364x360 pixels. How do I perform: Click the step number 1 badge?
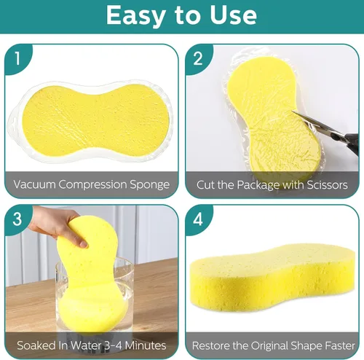tap(17, 58)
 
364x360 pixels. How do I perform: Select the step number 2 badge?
tap(198, 58)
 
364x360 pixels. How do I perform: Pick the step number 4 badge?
tap(198, 219)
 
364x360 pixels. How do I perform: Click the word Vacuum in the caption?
tap(34, 184)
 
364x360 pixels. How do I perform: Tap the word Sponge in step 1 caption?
tap(150, 185)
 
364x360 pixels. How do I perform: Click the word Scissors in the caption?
tap(327, 185)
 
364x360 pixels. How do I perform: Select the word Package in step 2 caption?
tap(258, 186)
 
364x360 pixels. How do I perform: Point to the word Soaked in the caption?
tap(36, 345)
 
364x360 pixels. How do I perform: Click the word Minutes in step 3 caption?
tap(146, 345)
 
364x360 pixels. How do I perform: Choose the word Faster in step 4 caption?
tap(340, 345)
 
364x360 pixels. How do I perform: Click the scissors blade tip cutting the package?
tap(293, 111)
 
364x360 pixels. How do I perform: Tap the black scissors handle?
tap(351, 144)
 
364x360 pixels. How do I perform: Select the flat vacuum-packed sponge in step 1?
tap(95, 121)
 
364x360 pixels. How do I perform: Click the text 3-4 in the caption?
tap(114, 345)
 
